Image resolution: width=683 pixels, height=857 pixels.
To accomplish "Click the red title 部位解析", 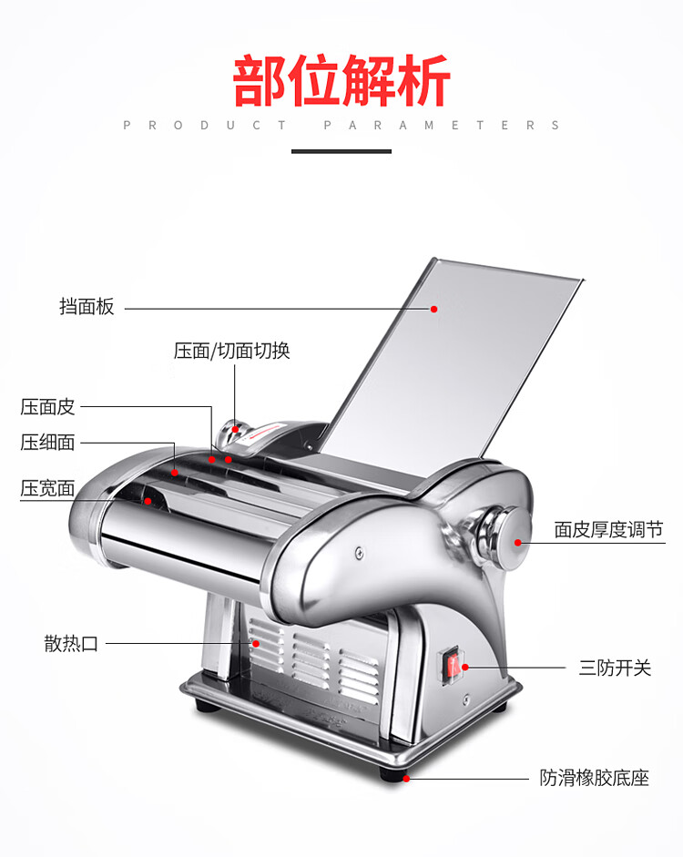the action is click(341, 80).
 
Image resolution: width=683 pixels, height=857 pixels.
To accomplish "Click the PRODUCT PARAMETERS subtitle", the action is click(341, 125).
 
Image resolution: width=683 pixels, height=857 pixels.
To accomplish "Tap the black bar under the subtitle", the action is click(341, 151).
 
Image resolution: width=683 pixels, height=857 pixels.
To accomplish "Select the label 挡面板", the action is click(87, 306).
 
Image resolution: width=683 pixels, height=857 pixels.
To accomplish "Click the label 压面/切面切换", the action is click(231, 351).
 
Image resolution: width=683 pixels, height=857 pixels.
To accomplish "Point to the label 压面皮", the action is click(47, 406).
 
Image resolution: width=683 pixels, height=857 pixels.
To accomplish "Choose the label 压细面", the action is click(47, 443).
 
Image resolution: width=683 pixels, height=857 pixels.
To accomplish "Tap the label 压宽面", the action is click(47, 488).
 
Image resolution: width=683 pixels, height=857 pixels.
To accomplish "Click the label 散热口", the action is click(71, 643).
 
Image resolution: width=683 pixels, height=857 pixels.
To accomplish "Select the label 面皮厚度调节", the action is click(608, 530).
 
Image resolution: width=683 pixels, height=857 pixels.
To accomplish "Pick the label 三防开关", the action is click(616, 668).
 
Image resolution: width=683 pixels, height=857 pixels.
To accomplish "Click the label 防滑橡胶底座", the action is click(595, 778).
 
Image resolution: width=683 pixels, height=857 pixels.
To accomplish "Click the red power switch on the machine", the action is click(453, 665).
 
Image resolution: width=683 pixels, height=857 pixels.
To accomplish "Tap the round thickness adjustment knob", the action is click(508, 538).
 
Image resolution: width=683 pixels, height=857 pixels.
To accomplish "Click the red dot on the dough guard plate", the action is click(433, 309).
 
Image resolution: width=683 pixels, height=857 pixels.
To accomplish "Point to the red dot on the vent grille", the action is click(255, 643).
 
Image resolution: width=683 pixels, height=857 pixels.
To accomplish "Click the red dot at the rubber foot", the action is click(406, 779).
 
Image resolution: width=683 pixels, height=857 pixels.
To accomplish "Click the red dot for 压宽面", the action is click(148, 501).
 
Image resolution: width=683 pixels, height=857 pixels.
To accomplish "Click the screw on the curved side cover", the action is click(359, 553).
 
